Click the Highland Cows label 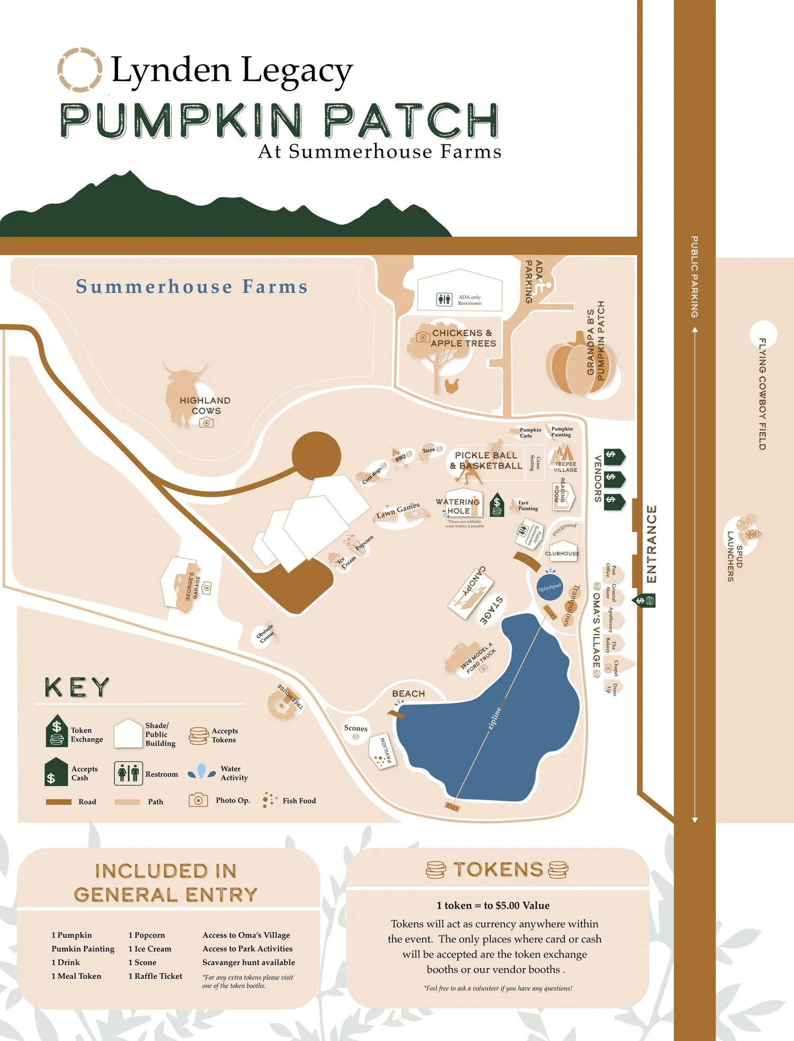205,405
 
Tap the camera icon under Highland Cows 206,422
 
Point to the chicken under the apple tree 452,387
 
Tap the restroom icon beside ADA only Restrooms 444,300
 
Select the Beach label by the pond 409,693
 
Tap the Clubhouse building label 562,554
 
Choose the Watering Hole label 458,506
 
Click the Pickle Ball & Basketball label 486,460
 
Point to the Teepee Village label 565,467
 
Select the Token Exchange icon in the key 57,731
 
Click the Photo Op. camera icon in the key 198,800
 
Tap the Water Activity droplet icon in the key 202,771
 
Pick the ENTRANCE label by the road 652,544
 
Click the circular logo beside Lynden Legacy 79,69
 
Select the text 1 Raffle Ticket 155,976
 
